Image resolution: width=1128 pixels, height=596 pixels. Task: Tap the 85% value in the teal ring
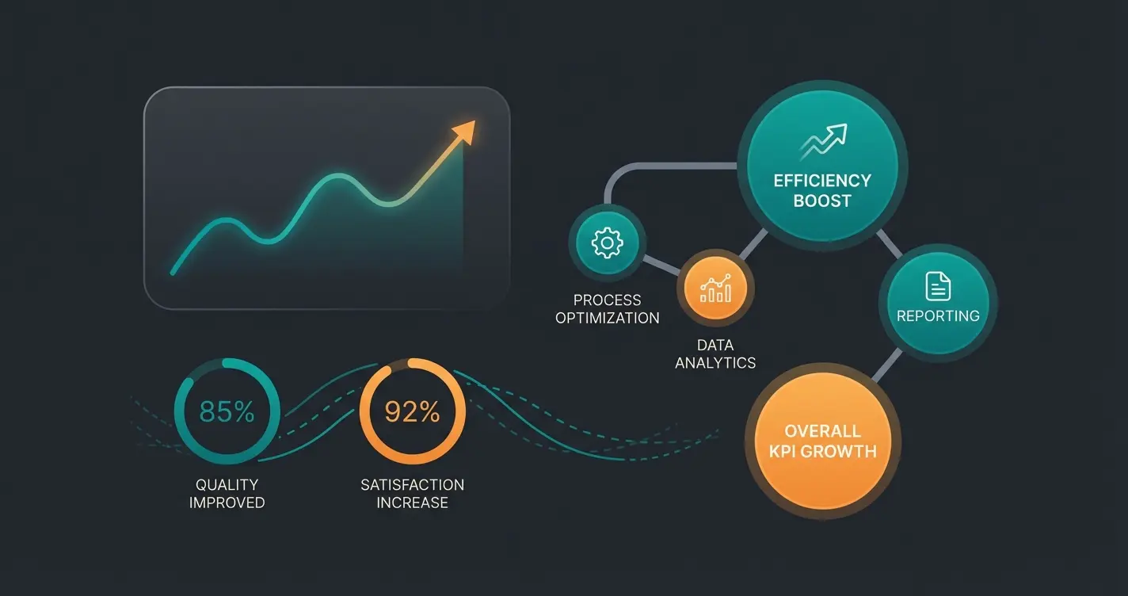(227, 411)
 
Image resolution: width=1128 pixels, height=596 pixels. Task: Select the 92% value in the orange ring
(412, 411)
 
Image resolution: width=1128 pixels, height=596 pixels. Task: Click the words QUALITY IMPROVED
(227, 493)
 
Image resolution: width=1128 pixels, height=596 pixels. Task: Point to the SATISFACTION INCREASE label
(412, 493)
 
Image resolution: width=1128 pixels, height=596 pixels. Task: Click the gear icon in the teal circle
(607, 243)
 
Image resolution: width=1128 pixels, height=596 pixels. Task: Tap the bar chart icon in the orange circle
(715, 288)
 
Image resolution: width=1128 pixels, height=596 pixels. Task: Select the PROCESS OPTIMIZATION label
(607, 309)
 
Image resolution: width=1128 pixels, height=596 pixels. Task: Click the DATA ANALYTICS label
(715, 354)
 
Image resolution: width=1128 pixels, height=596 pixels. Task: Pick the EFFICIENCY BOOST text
(822, 190)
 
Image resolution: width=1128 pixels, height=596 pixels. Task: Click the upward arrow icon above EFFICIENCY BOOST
(823, 143)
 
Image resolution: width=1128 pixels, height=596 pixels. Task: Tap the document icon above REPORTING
(938, 286)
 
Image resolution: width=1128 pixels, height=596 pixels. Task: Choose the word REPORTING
(938, 315)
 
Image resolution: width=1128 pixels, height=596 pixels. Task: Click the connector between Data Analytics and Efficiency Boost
(753, 245)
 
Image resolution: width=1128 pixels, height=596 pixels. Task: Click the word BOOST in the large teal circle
(822, 201)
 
